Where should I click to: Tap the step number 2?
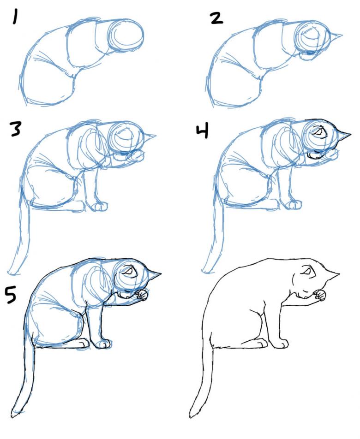pyautogui.click(x=216, y=18)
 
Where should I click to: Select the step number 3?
pyautogui.click(x=15, y=129)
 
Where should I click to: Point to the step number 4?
pyautogui.click(x=202, y=131)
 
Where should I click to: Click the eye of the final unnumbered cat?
pyautogui.click(x=306, y=271)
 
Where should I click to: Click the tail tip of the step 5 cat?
pyautogui.click(x=14, y=414)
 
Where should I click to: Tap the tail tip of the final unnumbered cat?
pyautogui.click(x=192, y=414)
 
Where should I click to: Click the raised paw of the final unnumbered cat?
pyautogui.click(x=320, y=296)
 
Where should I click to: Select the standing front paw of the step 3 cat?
pyautogui.click(x=99, y=207)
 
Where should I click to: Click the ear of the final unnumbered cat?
pyautogui.click(x=331, y=274)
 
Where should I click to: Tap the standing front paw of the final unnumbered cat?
pyautogui.click(x=280, y=344)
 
